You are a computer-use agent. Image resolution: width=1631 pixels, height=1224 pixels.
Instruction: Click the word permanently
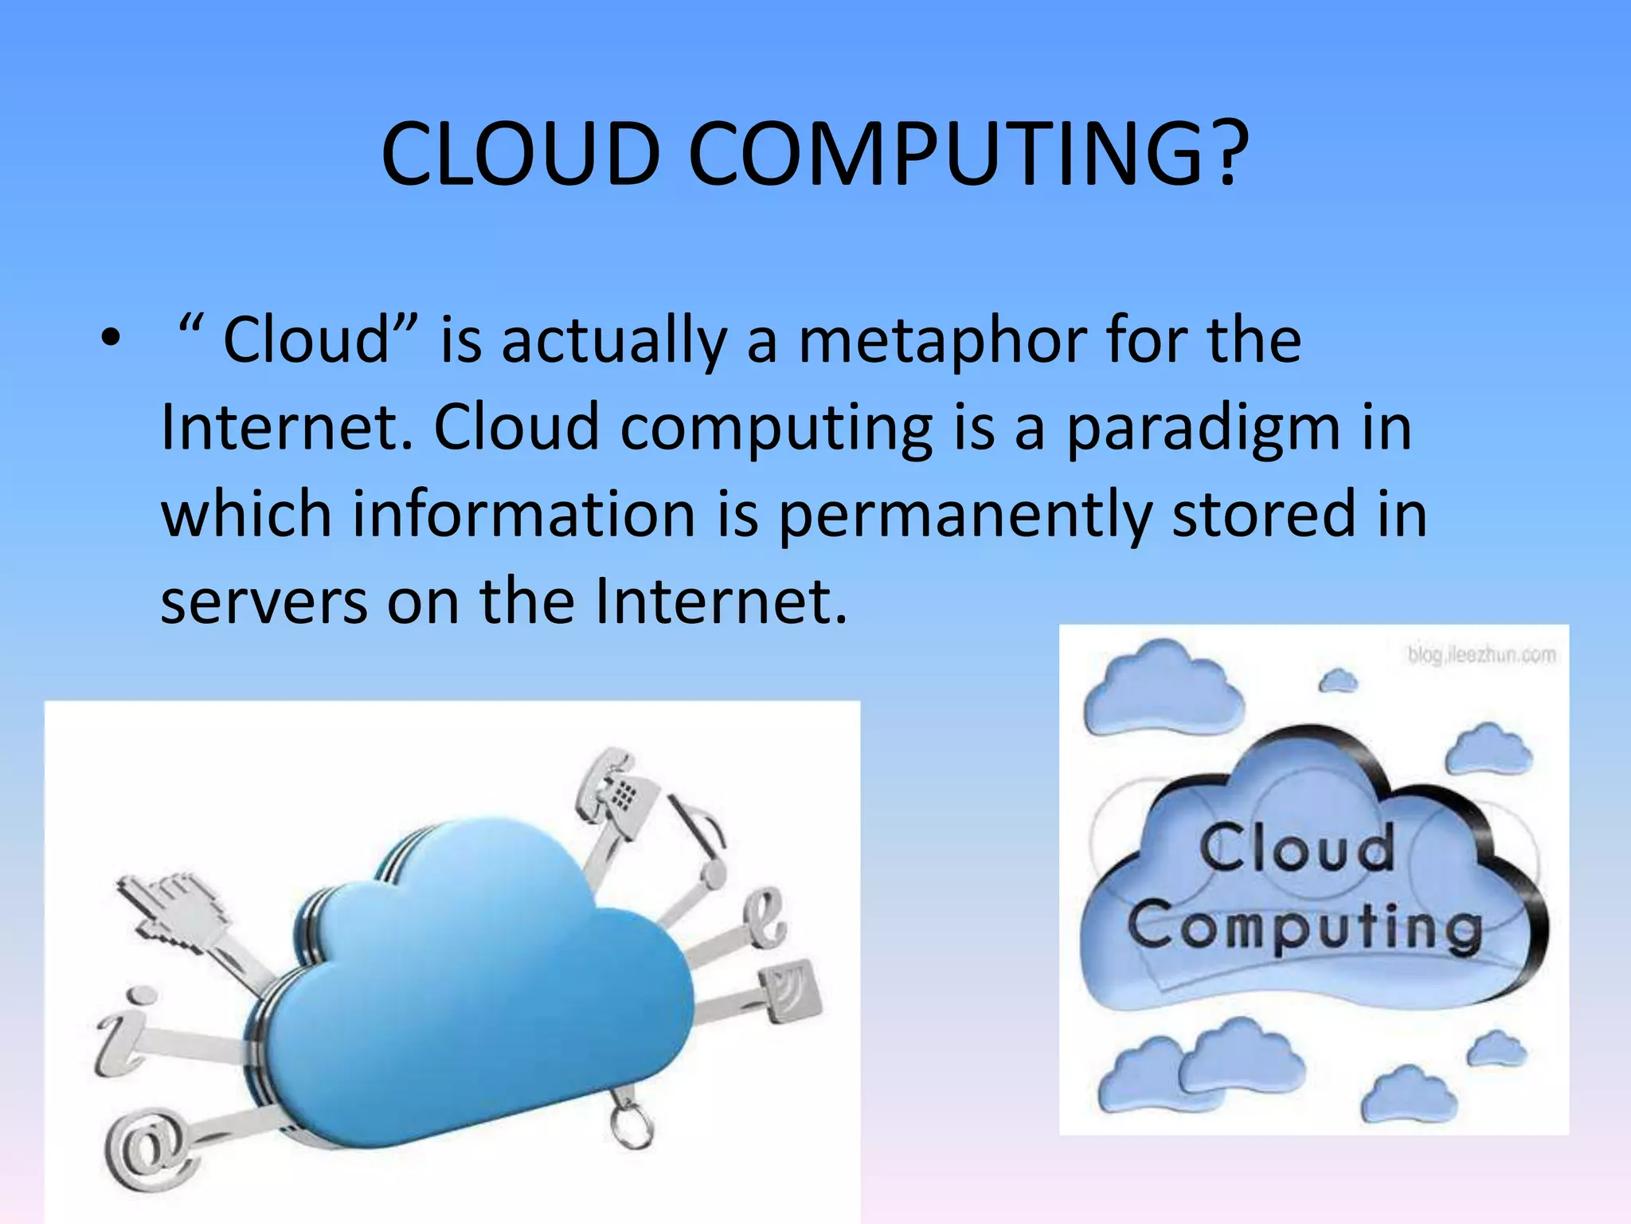coord(964,515)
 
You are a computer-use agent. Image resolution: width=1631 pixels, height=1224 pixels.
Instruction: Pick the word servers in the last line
coord(264,601)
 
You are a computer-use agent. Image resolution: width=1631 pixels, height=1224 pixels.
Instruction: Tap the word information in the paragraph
coord(524,515)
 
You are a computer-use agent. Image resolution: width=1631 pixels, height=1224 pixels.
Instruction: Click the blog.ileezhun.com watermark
coord(1480,655)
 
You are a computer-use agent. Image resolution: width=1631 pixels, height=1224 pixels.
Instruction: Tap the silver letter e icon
coord(765,917)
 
